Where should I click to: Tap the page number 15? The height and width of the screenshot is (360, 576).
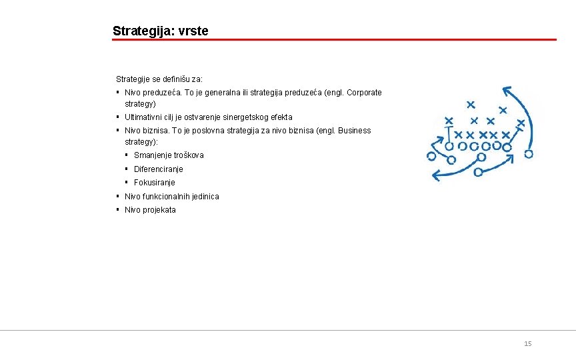pyautogui.click(x=528, y=343)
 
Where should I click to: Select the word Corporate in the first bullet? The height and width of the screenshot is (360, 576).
pyautogui.click(x=364, y=93)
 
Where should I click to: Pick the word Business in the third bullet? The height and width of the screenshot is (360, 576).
pyautogui.click(x=354, y=131)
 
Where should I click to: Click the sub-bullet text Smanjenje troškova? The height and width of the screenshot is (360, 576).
pyautogui.click(x=169, y=155)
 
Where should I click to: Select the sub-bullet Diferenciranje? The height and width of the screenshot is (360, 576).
pyautogui.click(x=158, y=169)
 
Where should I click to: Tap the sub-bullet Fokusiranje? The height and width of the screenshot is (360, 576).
pyautogui.click(x=154, y=183)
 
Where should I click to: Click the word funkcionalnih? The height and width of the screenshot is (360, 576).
pyautogui.click(x=167, y=197)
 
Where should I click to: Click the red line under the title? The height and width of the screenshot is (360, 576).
pyautogui.click(x=333, y=39)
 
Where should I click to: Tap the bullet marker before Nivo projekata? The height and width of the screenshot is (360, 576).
pyautogui.click(x=117, y=209)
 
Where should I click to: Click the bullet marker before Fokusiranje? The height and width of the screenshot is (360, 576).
pyautogui.click(x=127, y=182)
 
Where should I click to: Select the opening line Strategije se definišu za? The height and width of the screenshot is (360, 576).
pyautogui.click(x=159, y=79)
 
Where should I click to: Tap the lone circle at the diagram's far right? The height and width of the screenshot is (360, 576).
pyautogui.click(x=529, y=153)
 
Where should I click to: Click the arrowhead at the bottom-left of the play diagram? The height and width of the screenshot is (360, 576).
pyautogui.click(x=436, y=176)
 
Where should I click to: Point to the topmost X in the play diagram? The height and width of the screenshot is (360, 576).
pyautogui.click(x=471, y=104)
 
